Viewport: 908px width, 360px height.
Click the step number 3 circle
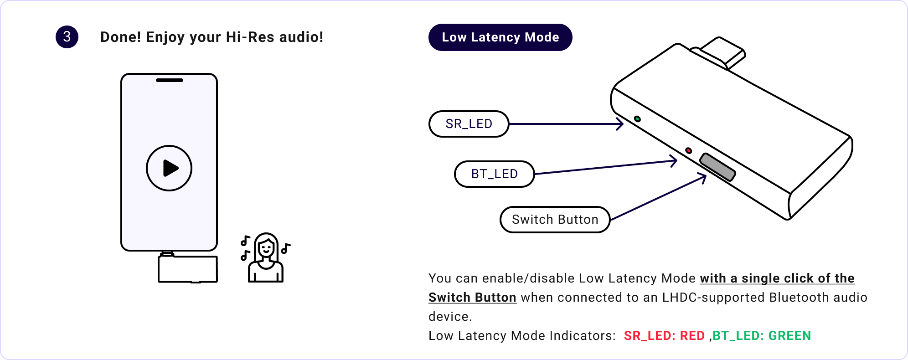pos(67,37)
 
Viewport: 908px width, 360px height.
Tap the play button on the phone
pos(169,168)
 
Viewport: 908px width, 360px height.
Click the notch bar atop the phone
pos(170,80)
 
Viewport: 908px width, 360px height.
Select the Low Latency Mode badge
pos(500,37)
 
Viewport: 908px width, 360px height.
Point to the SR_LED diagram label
pos(469,124)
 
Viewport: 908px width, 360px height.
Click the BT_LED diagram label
pos(494,174)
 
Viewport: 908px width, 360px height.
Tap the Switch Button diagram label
pos(555,220)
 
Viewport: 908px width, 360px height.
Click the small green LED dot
pos(637,119)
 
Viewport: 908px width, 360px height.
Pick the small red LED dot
pos(688,151)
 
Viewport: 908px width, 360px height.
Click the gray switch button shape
pos(717,167)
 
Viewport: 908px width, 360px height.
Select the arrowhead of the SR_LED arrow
pos(620,124)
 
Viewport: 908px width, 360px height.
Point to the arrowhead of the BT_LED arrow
pos(674,161)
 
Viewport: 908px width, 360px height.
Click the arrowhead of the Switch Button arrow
pos(703,178)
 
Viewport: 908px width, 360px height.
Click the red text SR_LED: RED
pos(664,336)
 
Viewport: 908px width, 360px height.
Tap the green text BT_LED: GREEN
pos(761,336)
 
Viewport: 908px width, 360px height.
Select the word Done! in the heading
pos(121,37)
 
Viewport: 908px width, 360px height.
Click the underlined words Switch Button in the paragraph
pos(472,298)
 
